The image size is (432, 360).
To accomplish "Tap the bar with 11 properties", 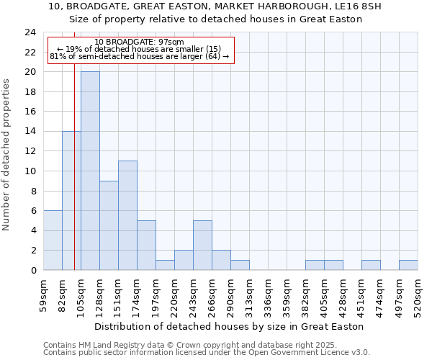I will point(127,215).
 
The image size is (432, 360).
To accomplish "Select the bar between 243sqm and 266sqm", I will point(202,245).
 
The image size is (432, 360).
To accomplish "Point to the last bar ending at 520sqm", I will point(408,265).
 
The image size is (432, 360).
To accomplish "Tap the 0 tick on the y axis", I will point(33,270).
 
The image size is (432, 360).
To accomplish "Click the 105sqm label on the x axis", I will point(81,294).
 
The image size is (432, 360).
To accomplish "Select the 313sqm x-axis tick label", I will point(249,294).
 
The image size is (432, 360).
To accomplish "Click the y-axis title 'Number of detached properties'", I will point(7,155).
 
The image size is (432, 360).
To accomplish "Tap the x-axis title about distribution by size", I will point(229,326).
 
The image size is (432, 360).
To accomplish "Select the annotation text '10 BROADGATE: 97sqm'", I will point(140,42).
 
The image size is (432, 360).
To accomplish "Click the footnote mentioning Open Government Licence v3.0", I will point(207,352).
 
